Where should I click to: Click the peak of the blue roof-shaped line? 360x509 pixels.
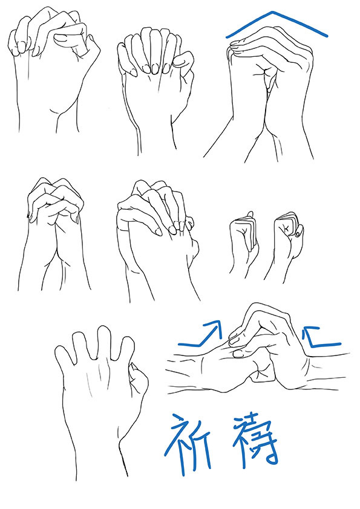(272, 12)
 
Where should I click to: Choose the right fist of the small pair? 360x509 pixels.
(287, 244)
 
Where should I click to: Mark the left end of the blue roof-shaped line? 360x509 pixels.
(227, 37)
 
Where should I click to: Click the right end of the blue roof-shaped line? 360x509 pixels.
(327, 36)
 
